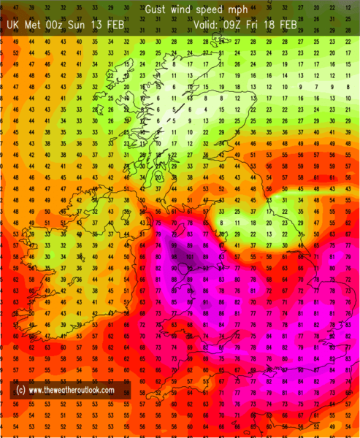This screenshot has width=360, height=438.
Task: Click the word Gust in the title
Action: tap(156, 9)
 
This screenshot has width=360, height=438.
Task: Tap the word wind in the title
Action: tap(183, 9)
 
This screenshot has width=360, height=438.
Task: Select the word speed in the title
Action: tap(212, 9)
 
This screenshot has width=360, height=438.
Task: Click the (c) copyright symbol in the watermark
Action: tap(20, 391)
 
